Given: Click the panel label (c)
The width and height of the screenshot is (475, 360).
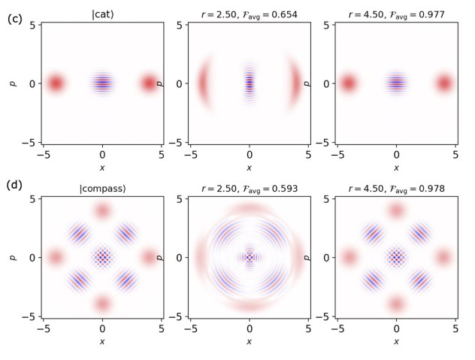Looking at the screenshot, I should [x=15, y=20].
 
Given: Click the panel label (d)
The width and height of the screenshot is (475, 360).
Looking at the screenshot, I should [x=15, y=185].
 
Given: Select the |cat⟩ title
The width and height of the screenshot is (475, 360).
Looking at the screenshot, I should [x=102, y=14].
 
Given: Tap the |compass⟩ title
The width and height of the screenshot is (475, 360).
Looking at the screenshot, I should [x=102, y=188].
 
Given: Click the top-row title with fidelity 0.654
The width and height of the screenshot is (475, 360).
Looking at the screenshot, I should [x=250, y=14].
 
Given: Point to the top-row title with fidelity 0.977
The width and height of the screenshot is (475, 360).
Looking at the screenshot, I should [x=397, y=14].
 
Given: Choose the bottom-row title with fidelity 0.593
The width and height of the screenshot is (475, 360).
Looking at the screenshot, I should [x=250, y=188].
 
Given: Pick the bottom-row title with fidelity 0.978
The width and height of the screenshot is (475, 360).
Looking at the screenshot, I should [x=397, y=188].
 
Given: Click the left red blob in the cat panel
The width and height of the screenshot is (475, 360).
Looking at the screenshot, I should [x=55, y=83].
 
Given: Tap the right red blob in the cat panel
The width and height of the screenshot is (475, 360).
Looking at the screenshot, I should [x=150, y=83].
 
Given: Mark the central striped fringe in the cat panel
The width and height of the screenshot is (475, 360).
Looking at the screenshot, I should [x=103, y=83].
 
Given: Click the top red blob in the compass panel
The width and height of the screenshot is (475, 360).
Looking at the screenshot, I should [x=103, y=210].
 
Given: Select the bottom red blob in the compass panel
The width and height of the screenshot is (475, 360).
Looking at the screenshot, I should [x=103, y=304].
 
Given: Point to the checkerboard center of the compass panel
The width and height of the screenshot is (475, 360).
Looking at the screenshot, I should [x=103, y=257].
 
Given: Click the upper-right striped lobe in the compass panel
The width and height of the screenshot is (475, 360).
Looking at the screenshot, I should [x=126, y=234].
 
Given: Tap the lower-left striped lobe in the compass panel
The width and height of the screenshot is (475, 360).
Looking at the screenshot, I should [x=79, y=280].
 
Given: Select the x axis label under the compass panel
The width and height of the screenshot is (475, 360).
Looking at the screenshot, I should [x=103, y=341].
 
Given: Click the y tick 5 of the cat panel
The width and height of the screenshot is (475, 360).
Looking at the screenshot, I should [x=34, y=25].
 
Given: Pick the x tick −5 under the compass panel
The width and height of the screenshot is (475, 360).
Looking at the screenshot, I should [x=44, y=328].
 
